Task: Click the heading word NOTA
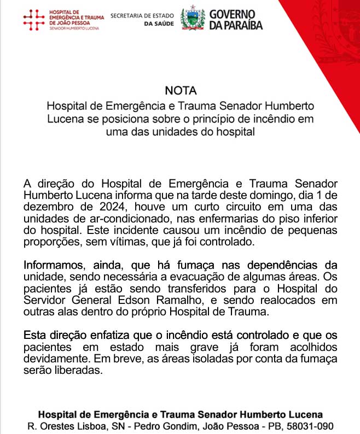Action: [180, 91]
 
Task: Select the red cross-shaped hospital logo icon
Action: [34, 19]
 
